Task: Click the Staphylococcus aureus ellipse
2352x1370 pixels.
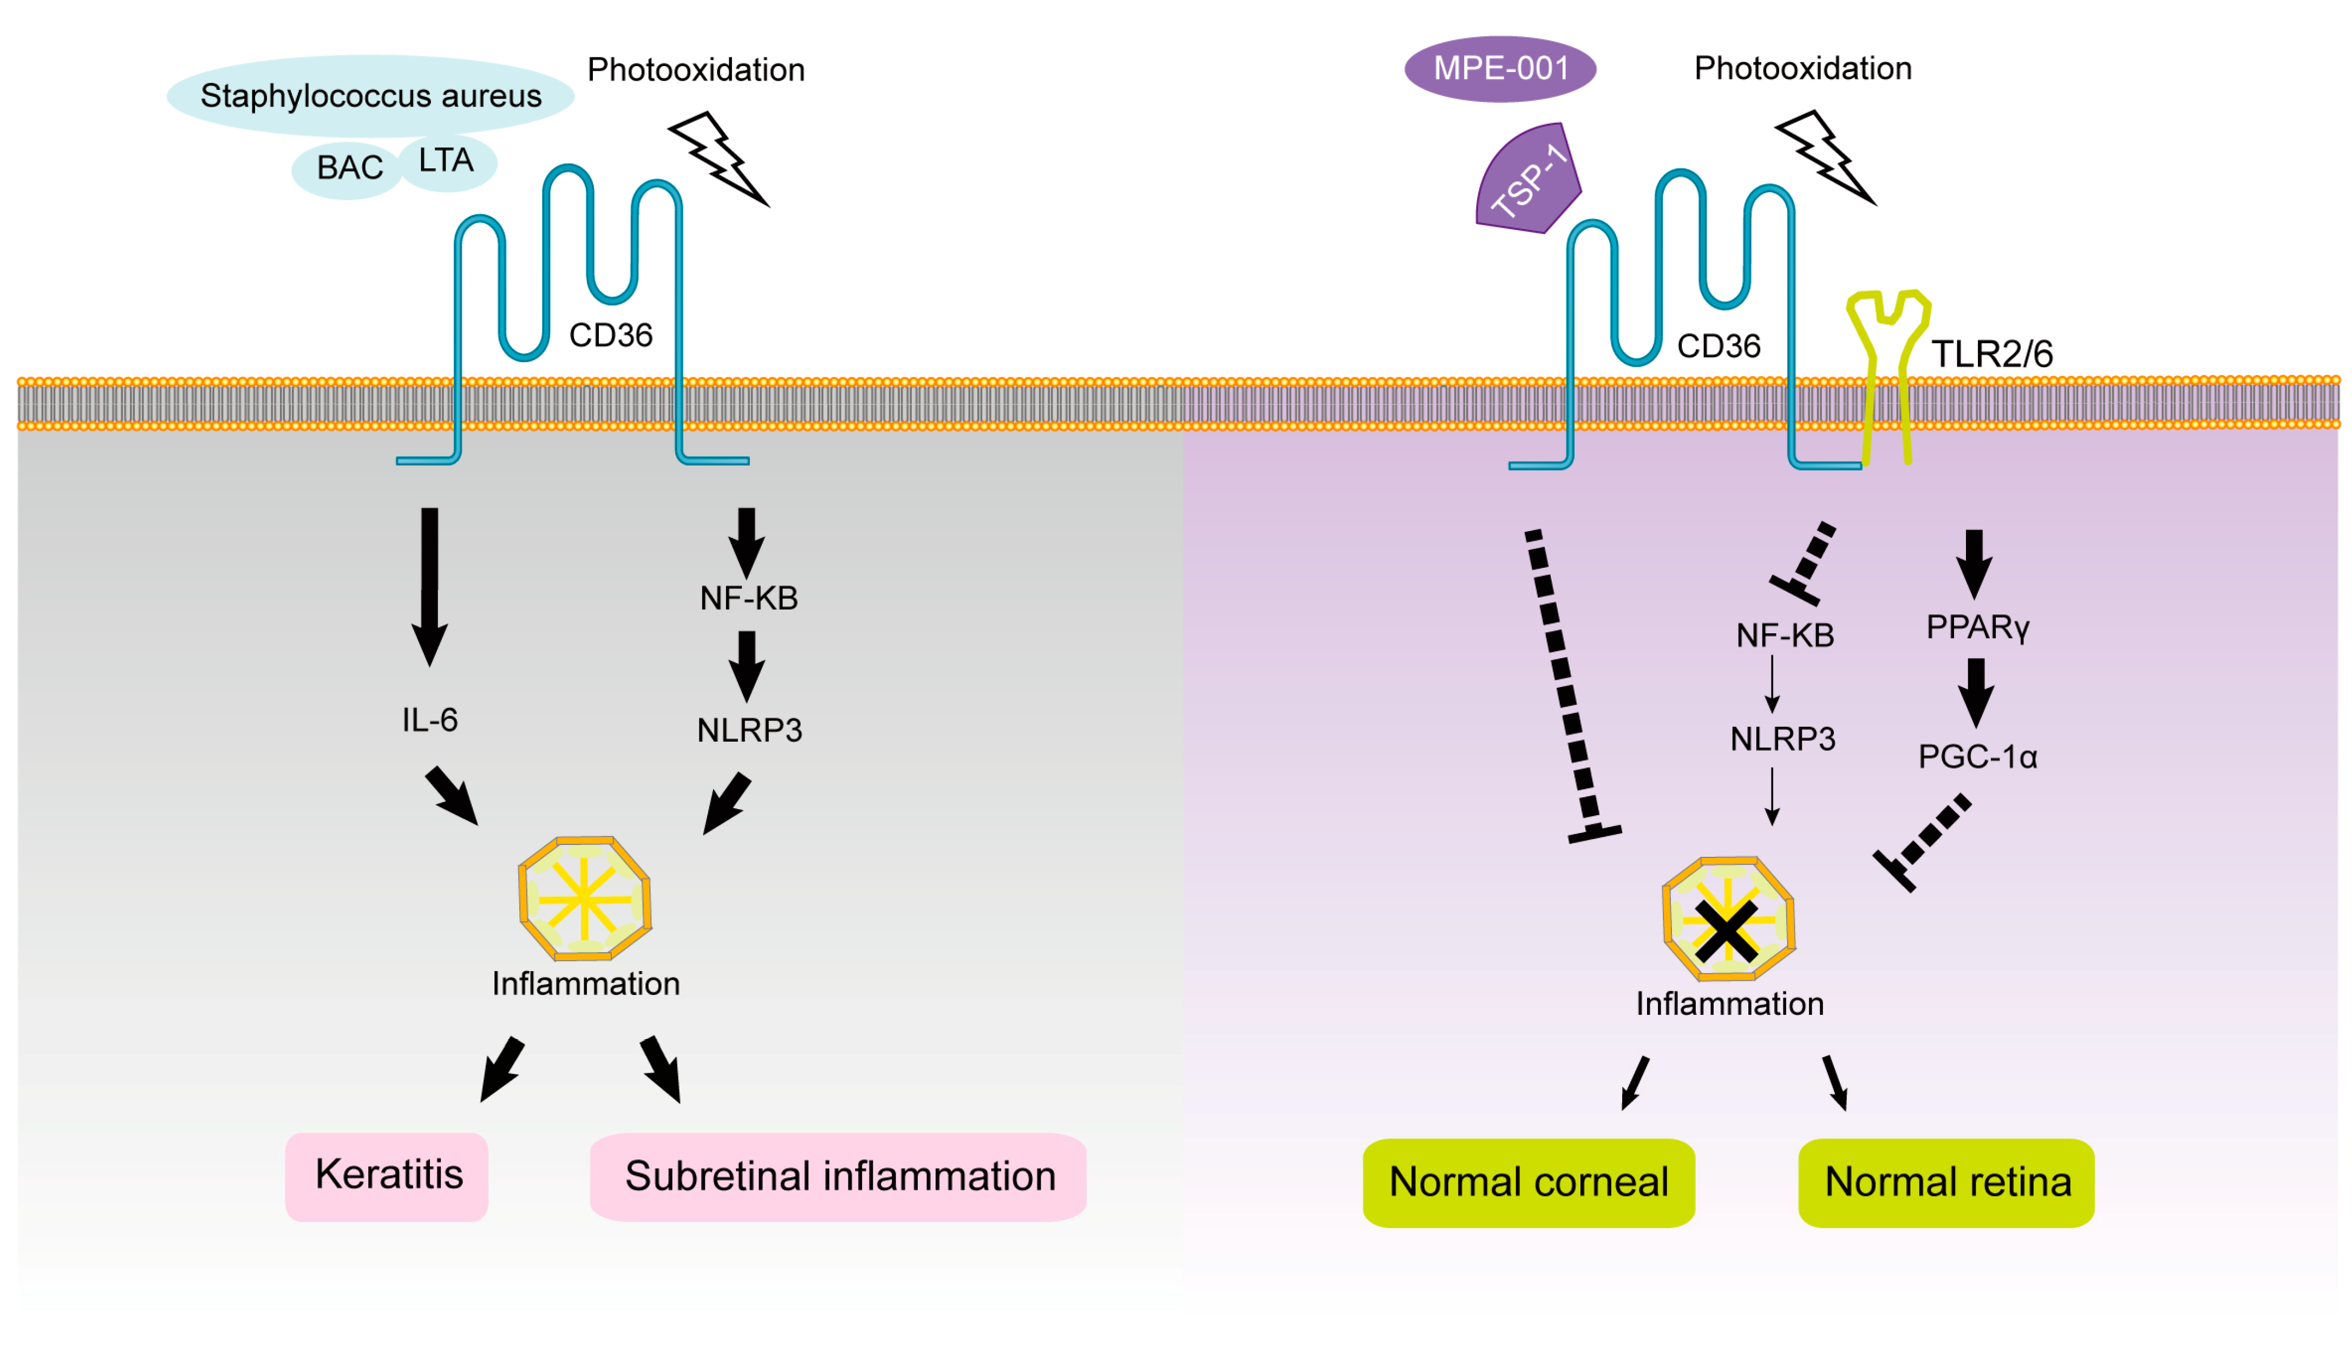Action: pyautogui.click(x=370, y=95)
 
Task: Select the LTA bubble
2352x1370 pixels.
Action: pyautogui.click(x=448, y=161)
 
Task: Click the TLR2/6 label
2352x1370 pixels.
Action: pyautogui.click(x=1992, y=353)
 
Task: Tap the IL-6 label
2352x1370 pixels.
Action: pyautogui.click(x=429, y=719)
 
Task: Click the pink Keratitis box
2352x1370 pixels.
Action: pyautogui.click(x=387, y=1176)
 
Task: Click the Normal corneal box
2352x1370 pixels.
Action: pyautogui.click(x=1528, y=1182)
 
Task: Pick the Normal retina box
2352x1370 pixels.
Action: pyautogui.click(x=1947, y=1182)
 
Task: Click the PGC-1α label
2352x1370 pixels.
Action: pyautogui.click(x=1977, y=756)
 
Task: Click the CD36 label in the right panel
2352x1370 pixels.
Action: pyautogui.click(x=1719, y=346)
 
